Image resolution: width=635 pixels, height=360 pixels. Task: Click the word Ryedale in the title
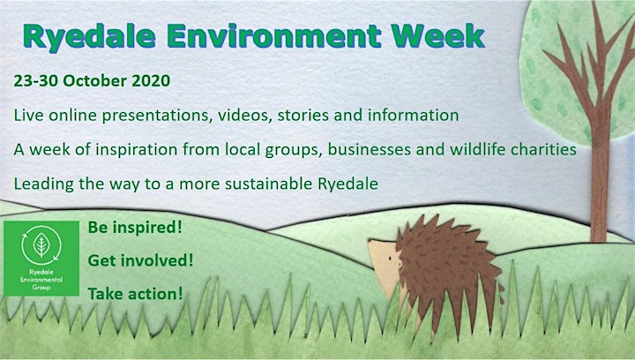click(89, 37)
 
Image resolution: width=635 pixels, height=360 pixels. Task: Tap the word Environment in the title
click(273, 35)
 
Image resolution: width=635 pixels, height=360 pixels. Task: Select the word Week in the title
click(437, 35)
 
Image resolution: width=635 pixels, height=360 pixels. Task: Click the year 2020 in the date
click(151, 80)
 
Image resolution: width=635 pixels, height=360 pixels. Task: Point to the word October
click(94, 80)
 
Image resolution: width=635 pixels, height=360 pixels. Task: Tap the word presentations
click(158, 116)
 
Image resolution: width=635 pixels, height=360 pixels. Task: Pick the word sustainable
click(268, 184)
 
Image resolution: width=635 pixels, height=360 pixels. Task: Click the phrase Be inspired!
click(135, 228)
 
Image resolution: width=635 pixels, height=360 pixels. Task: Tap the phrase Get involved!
click(140, 260)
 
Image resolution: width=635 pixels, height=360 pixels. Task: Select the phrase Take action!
click(135, 294)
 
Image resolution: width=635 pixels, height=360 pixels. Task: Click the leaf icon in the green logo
click(41, 244)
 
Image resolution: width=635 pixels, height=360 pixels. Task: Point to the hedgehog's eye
click(390, 257)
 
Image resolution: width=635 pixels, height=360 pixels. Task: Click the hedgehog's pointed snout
click(370, 242)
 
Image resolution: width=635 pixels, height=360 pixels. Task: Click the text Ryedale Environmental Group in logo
click(41, 280)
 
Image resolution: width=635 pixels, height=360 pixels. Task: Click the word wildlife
click(478, 149)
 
